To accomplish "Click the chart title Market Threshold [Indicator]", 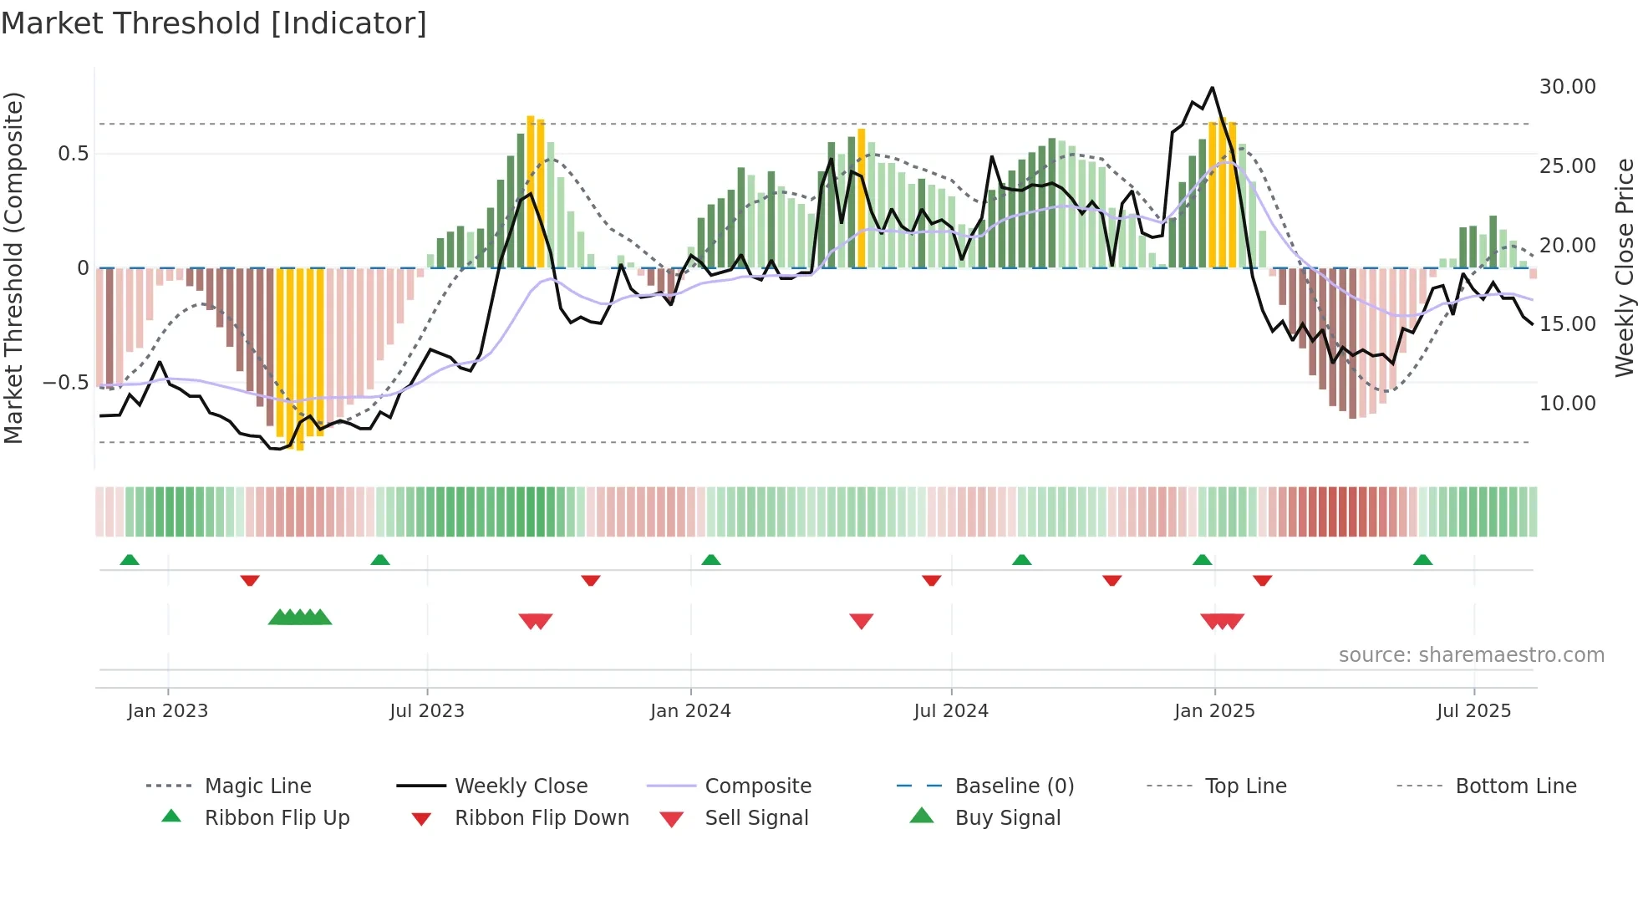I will pyautogui.click(x=214, y=23).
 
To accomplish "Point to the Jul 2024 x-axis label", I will pyautogui.click(x=951, y=711).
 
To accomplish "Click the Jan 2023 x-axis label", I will pyautogui.click(x=168, y=711).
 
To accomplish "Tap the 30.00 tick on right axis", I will pyautogui.click(x=1567, y=87).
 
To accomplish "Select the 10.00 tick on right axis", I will pyautogui.click(x=1567, y=404).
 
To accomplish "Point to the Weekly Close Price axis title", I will pyautogui.click(x=1624, y=267).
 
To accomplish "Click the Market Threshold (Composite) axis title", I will pyautogui.click(x=13, y=267).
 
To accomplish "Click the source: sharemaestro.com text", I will pyautogui.click(x=1471, y=655).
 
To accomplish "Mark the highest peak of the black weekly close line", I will pyautogui.click(x=1212, y=88).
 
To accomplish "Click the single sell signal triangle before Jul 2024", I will pyautogui.click(x=861, y=620).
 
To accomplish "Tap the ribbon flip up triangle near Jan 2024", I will pyautogui.click(x=711, y=560).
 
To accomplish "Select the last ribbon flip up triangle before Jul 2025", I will pyautogui.click(x=1422, y=560).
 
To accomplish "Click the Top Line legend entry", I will pyautogui.click(x=1245, y=786).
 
